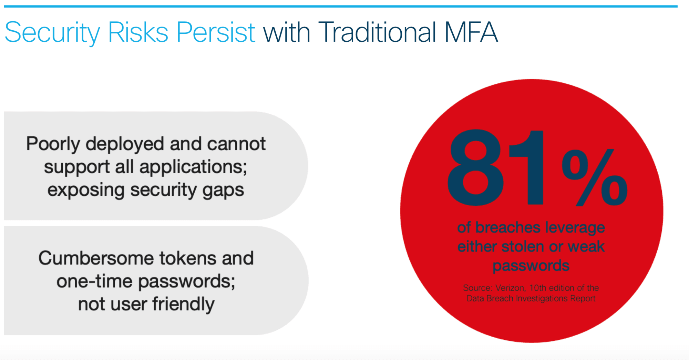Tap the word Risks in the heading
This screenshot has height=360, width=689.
pyautogui.click(x=138, y=32)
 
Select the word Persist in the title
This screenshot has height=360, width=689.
pyautogui.click(x=216, y=32)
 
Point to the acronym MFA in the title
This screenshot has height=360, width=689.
pyautogui.click(x=471, y=32)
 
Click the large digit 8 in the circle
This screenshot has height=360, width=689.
pyautogui.click(x=475, y=168)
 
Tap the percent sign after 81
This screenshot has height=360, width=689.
pyautogui.click(x=595, y=178)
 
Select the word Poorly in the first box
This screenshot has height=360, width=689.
pyautogui.click(x=53, y=144)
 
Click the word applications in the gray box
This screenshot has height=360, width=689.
pyautogui.click(x=193, y=167)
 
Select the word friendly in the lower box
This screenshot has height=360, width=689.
pyautogui.click(x=183, y=305)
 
